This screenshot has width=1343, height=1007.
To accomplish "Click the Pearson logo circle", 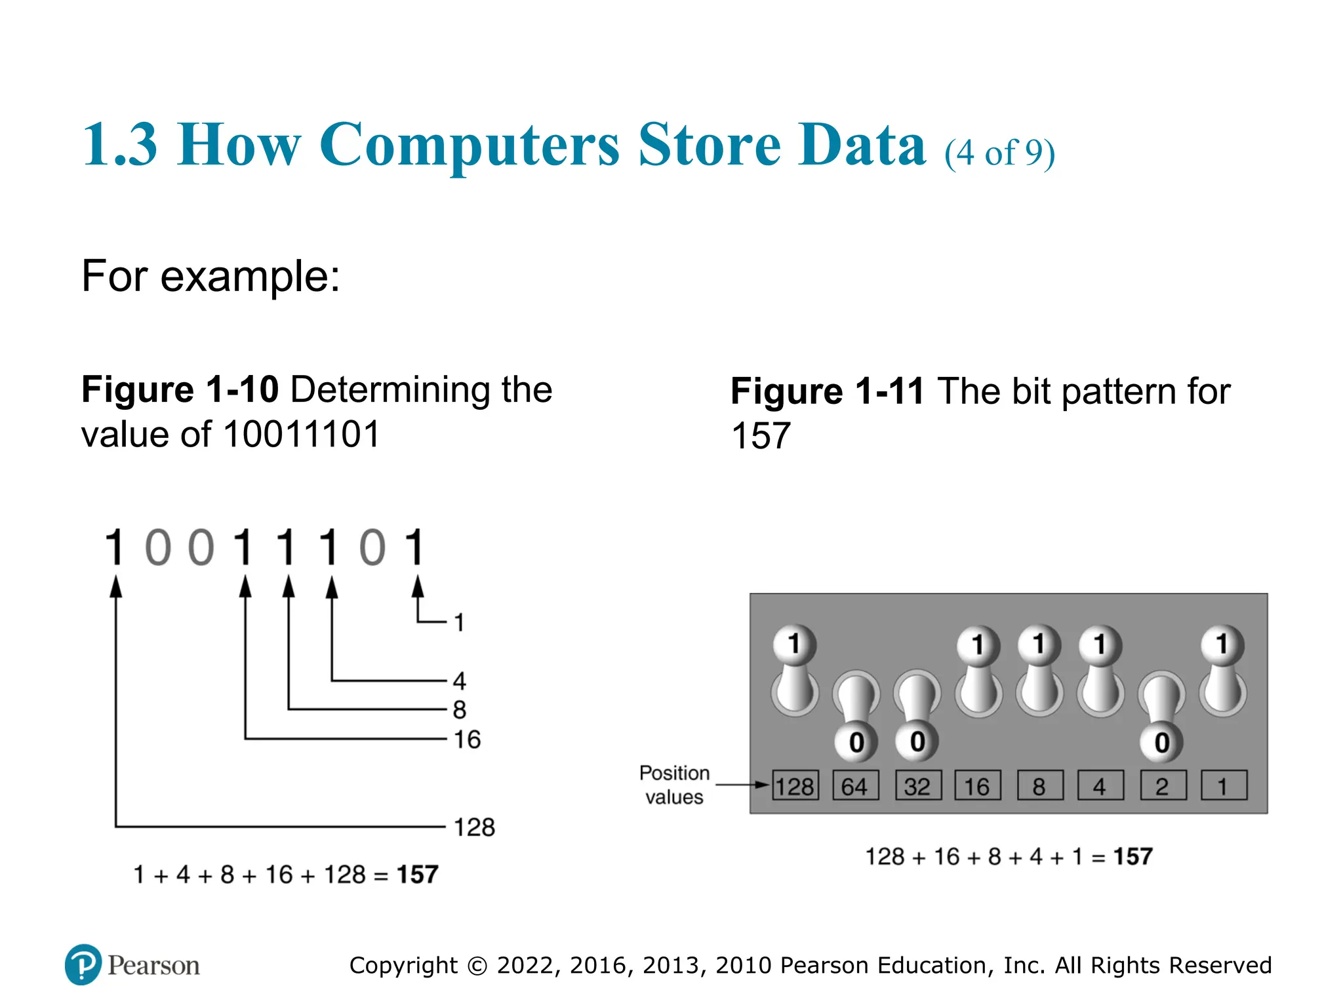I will coord(83,964).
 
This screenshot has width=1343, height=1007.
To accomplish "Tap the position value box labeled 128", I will coord(795,785).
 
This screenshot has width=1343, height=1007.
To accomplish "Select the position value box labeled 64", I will coord(855,785).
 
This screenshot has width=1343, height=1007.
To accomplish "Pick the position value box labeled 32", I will coord(917,785).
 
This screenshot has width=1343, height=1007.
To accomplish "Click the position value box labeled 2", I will coord(1163,785).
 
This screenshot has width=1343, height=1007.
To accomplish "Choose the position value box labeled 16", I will coord(977,785).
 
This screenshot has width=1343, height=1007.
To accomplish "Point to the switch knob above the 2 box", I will coord(1162,742).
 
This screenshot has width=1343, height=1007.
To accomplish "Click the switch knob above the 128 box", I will coord(794,644).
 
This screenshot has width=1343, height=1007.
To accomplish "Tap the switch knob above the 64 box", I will coord(856,742).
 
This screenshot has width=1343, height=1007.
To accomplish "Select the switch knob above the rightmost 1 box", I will coord(1222,644).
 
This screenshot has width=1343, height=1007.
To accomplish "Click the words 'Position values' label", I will coord(674,785).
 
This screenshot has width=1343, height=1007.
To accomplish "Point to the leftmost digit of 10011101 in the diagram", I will coord(115,547).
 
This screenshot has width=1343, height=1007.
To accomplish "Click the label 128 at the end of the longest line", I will coord(474,827).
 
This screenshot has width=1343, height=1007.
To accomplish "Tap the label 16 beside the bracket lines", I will coord(467,740).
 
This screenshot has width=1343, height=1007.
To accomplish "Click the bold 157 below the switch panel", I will coord(1133,856).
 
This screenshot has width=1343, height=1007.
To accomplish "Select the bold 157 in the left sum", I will coord(417,875).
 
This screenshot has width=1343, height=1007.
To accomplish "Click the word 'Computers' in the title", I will coord(469,145).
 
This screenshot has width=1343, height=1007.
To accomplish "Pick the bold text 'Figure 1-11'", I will coord(827,391).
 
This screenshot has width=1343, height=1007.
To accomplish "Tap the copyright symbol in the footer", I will coord(478,966).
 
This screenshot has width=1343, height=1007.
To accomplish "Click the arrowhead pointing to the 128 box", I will coord(762,785).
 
